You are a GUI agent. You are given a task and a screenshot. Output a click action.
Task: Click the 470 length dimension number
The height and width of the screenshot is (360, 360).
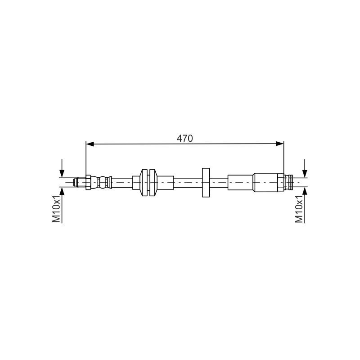[x=184, y=139]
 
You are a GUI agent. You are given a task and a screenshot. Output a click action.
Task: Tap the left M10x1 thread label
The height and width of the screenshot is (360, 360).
[x=56, y=209]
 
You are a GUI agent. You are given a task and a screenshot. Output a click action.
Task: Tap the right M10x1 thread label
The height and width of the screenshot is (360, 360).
[x=299, y=209]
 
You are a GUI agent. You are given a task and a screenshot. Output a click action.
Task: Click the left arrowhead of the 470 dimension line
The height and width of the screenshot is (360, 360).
[x=90, y=144]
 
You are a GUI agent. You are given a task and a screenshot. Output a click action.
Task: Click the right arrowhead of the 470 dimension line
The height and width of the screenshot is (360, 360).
[x=279, y=144]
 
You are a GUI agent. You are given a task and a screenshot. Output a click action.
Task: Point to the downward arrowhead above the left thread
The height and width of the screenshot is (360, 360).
[x=62, y=173]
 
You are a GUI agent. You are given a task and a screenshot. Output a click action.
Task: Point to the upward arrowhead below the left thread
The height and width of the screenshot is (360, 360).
[x=62, y=191]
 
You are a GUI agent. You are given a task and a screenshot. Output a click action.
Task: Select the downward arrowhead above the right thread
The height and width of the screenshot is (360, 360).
[x=305, y=173]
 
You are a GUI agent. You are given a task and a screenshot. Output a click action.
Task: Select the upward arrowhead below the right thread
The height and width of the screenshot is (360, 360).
[x=305, y=191]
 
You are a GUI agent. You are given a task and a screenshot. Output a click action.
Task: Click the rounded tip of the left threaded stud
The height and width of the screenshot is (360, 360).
[x=75, y=183]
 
